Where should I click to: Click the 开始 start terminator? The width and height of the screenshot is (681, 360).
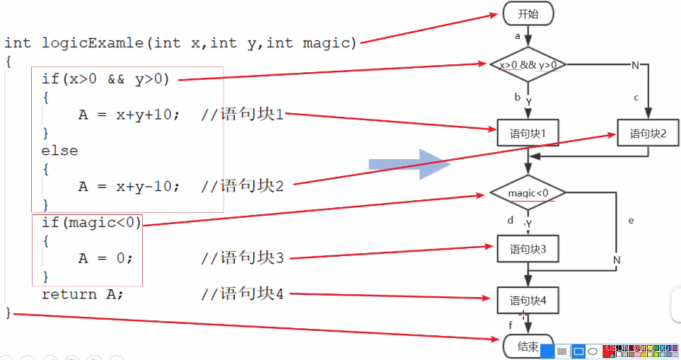click(x=528, y=13)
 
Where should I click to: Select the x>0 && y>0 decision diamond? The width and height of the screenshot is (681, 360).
click(x=528, y=65)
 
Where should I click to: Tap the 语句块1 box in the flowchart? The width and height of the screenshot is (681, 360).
click(x=528, y=133)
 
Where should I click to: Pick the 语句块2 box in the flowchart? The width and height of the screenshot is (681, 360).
click(x=648, y=133)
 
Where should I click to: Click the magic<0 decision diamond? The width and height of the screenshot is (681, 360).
click(x=528, y=192)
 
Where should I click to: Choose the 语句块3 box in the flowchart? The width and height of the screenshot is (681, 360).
click(x=528, y=249)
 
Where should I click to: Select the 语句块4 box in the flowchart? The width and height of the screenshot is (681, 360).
click(x=528, y=301)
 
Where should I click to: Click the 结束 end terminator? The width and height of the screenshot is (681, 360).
click(x=528, y=347)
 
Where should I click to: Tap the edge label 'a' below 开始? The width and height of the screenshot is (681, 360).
click(x=518, y=35)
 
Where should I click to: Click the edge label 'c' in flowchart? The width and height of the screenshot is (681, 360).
click(x=636, y=97)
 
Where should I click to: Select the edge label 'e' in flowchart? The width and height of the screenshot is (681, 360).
click(x=631, y=220)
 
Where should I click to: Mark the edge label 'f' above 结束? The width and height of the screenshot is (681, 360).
click(x=511, y=325)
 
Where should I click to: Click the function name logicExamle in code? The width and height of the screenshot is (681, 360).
click(x=93, y=43)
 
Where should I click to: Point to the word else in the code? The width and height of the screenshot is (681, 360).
click(x=59, y=151)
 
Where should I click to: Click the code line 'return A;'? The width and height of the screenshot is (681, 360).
click(x=83, y=294)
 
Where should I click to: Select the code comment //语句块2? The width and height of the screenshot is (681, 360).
click(x=242, y=186)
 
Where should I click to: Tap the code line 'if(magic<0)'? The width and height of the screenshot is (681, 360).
click(x=91, y=223)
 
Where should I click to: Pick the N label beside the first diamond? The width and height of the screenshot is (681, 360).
click(x=634, y=66)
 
